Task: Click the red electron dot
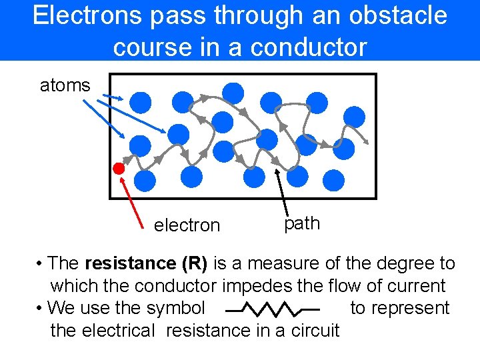tap(119, 168)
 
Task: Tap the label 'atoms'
tap(65, 85)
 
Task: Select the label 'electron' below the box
tap(187, 225)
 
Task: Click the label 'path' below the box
tap(302, 223)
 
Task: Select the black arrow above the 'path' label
tap(283, 193)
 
